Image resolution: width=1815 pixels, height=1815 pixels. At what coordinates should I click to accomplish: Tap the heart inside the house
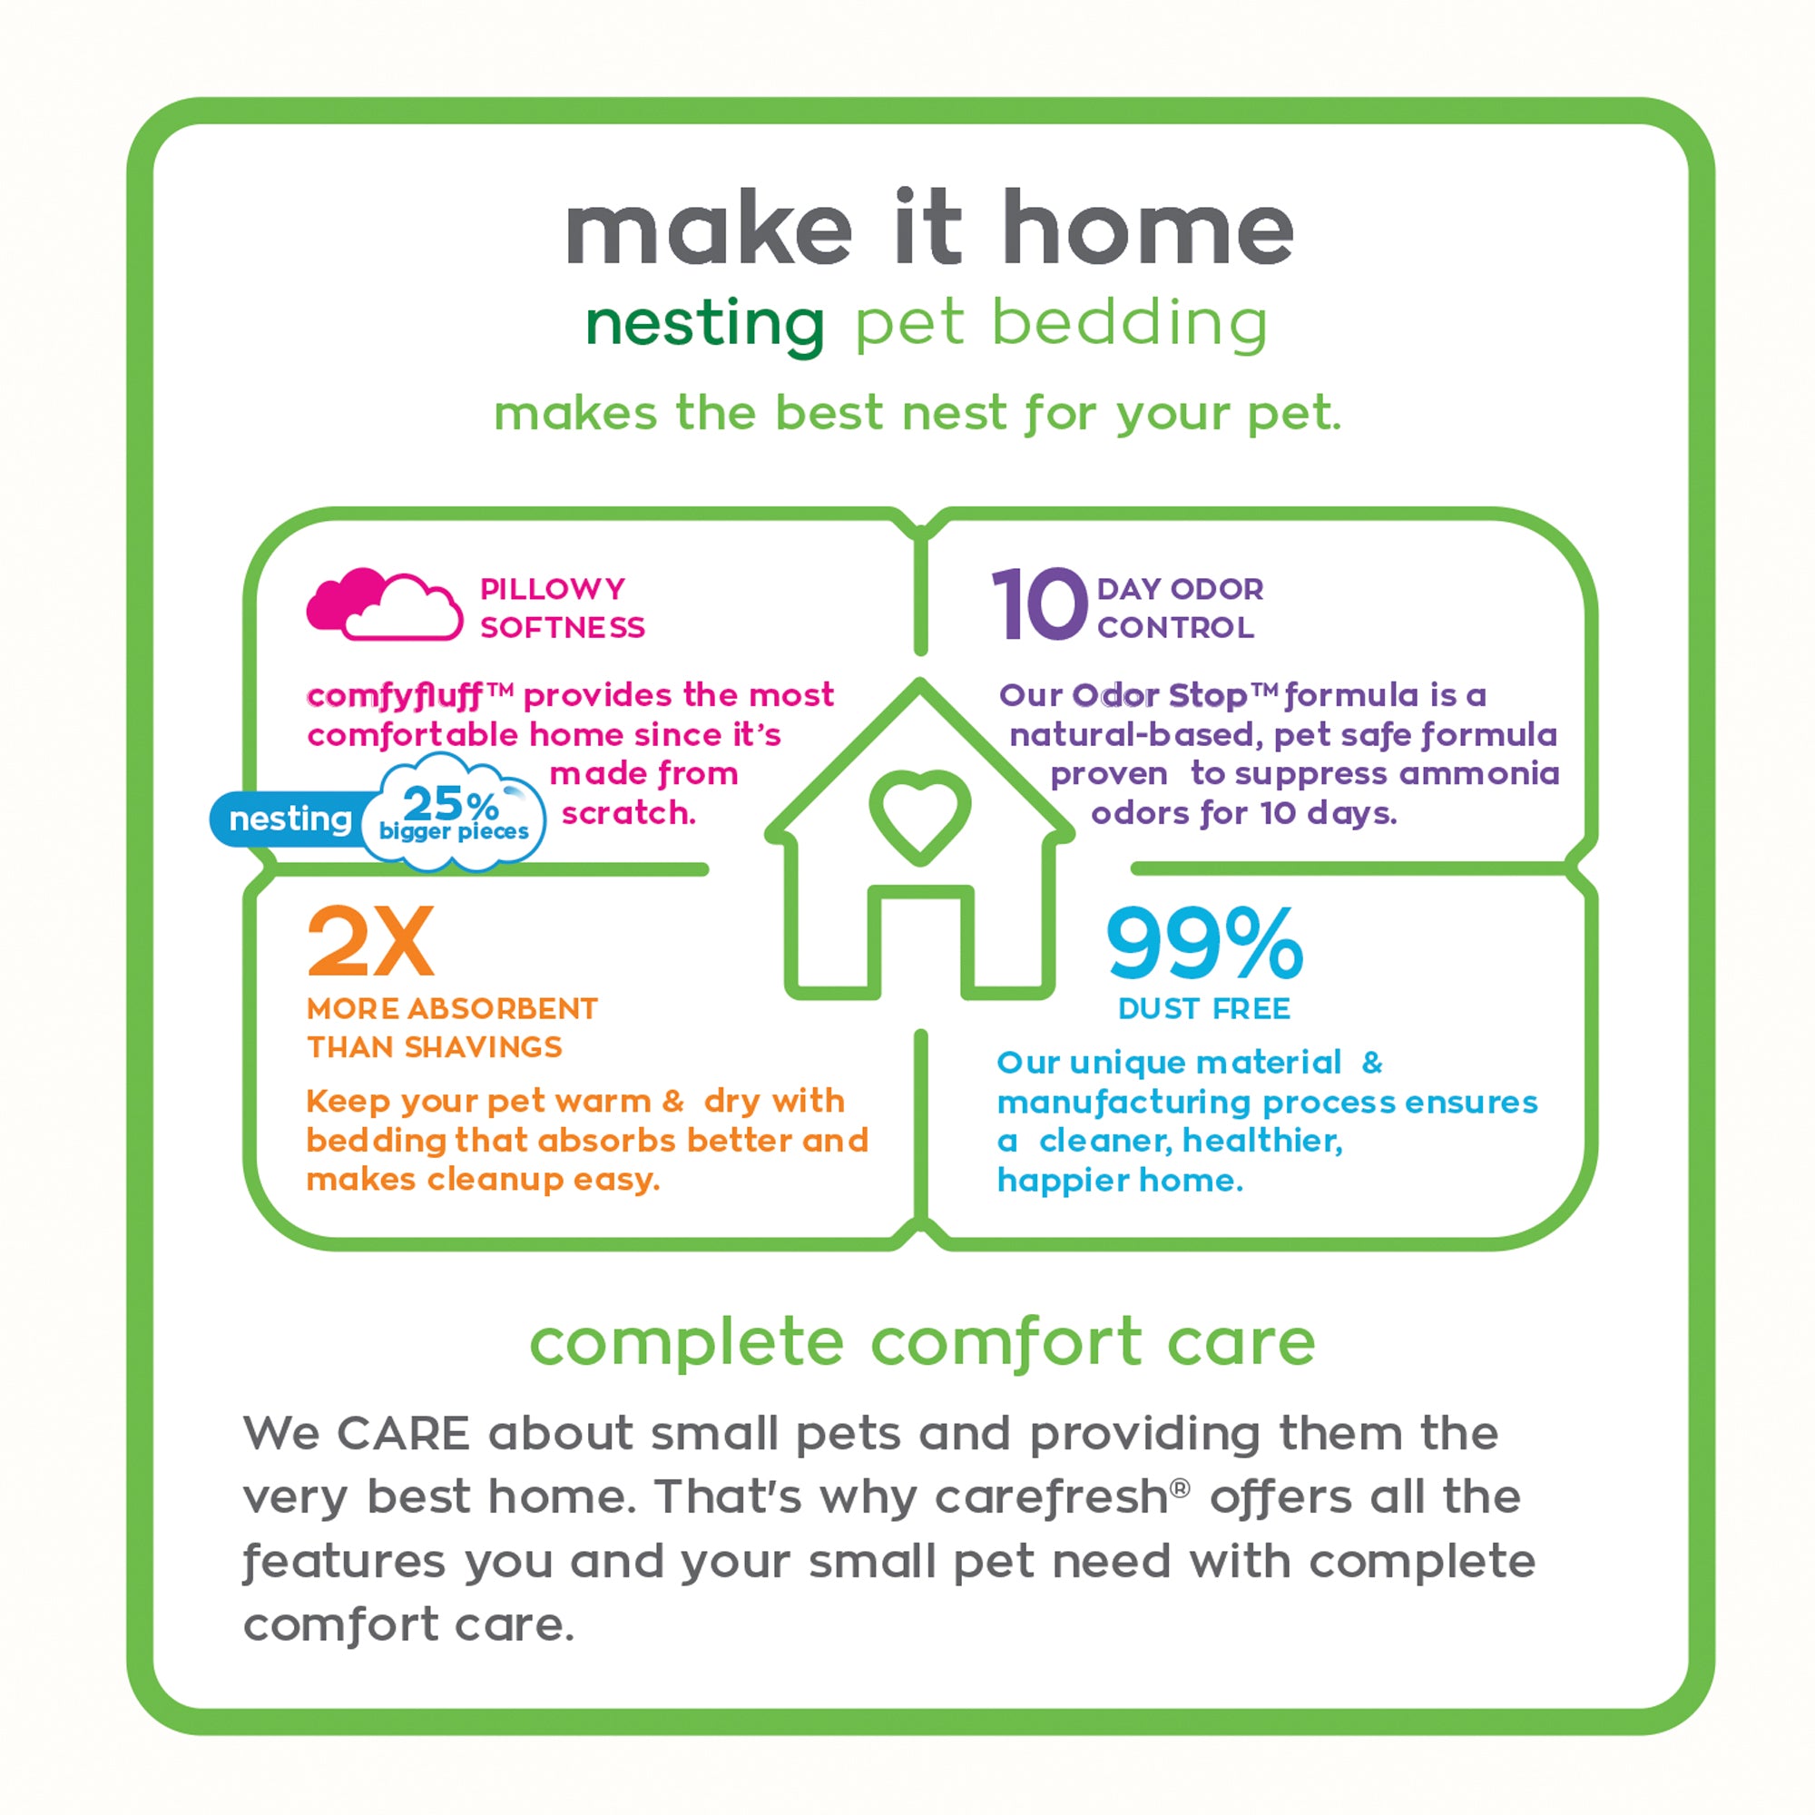(x=919, y=813)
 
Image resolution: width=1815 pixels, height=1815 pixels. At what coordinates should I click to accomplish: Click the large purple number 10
(x=1039, y=606)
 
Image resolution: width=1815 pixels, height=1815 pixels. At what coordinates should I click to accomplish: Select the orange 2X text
(x=371, y=941)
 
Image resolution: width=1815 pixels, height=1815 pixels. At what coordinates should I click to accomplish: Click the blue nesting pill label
(x=289, y=819)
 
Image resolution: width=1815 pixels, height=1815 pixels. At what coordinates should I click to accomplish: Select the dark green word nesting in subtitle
(x=704, y=324)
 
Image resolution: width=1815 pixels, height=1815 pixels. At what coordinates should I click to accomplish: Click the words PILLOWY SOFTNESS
(x=562, y=608)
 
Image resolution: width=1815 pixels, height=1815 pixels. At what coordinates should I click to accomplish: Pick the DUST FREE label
(x=1203, y=1008)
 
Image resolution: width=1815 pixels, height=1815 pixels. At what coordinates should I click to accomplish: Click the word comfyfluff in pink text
(x=395, y=695)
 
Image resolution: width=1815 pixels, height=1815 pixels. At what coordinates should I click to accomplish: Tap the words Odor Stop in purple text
(x=1159, y=695)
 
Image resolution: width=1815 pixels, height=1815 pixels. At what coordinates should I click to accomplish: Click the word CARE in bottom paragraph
(x=403, y=1435)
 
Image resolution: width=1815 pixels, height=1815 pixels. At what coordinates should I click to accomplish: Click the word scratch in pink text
(x=629, y=812)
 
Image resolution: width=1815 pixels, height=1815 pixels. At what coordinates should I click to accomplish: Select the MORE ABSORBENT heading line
(x=452, y=1008)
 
